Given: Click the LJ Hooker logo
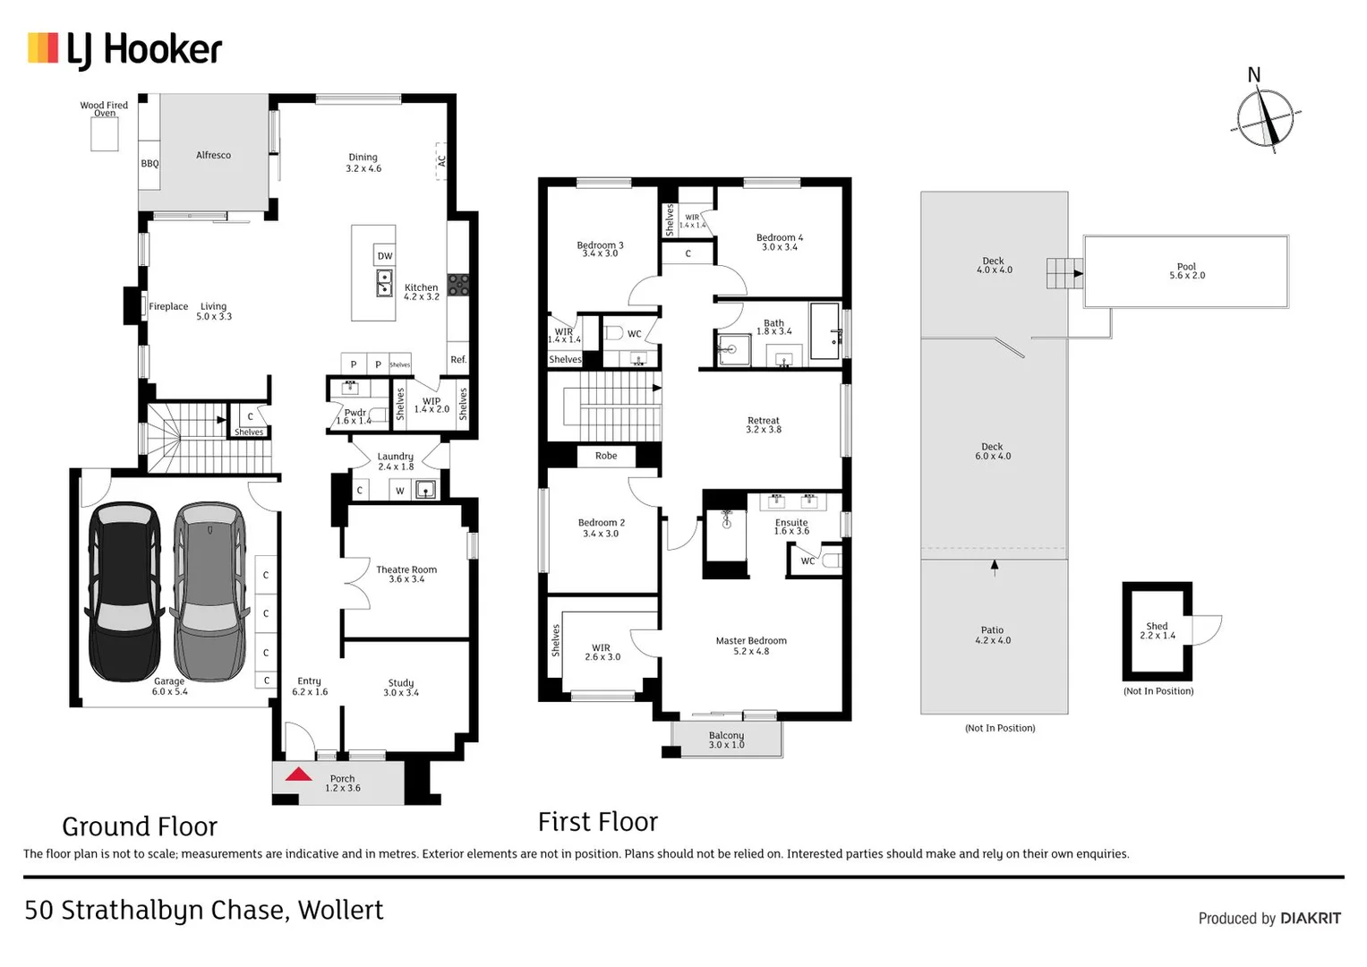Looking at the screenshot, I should point(124,50).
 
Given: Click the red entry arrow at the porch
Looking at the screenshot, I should point(298,774).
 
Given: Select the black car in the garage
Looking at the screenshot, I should point(124,591).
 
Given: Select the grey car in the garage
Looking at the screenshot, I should point(209,591).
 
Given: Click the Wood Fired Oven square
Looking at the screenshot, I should point(105,134).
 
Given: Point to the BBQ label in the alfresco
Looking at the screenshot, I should point(150,163).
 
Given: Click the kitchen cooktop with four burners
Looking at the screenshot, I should point(458,285).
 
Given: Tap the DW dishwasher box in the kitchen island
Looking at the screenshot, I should point(385,256).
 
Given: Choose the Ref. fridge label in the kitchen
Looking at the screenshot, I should point(458,359).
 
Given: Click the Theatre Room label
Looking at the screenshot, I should point(406,569).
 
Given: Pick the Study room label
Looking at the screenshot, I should point(401,683).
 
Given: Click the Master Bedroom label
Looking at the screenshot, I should point(751,641).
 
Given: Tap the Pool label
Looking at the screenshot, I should point(1186,267).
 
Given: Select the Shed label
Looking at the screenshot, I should point(1157,627).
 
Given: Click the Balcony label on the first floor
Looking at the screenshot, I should point(726,736).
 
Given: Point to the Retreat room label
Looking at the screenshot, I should point(764,421).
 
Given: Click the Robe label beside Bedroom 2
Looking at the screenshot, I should point(606,456).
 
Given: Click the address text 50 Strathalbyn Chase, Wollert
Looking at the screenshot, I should point(204,910).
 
